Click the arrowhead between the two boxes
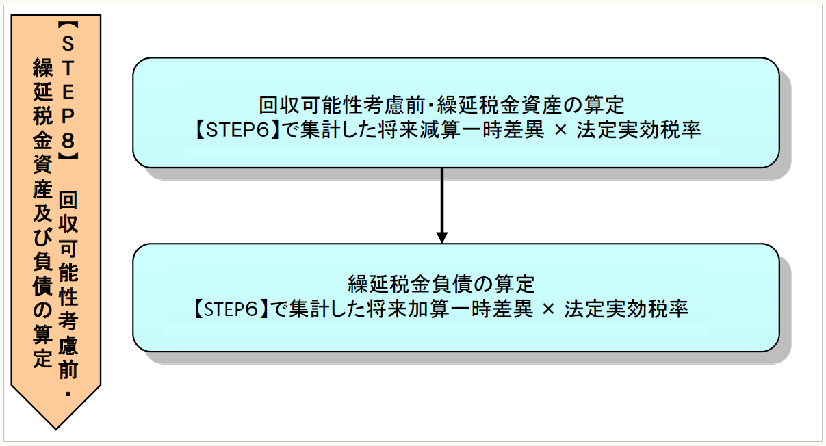click(x=442, y=236)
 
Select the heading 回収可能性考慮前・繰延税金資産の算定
click(x=441, y=106)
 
